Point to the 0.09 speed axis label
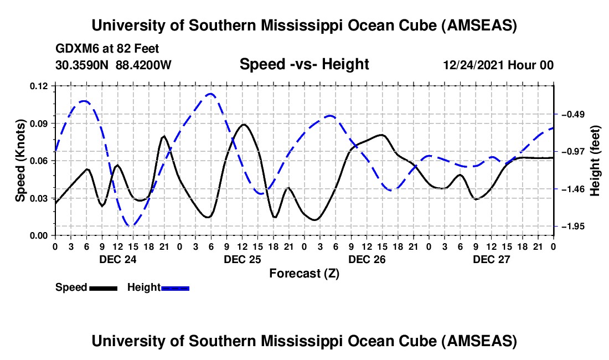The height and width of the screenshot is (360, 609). point(42,123)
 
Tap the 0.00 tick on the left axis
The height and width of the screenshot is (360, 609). point(42,235)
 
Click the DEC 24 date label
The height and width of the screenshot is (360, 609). point(117,259)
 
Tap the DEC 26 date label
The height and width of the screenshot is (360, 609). point(367,259)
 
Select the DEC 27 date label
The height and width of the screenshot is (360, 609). point(491,259)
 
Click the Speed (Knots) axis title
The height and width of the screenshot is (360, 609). point(20,161)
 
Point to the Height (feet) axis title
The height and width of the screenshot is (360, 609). point(595,161)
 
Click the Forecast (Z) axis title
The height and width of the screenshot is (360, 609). point(304,273)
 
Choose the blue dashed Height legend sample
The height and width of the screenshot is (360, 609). point(175,287)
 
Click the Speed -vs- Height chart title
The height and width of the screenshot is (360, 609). point(304,64)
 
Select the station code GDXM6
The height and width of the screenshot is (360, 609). point(76,49)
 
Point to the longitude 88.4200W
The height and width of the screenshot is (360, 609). point(144,65)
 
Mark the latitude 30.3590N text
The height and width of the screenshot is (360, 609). point(82,65)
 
